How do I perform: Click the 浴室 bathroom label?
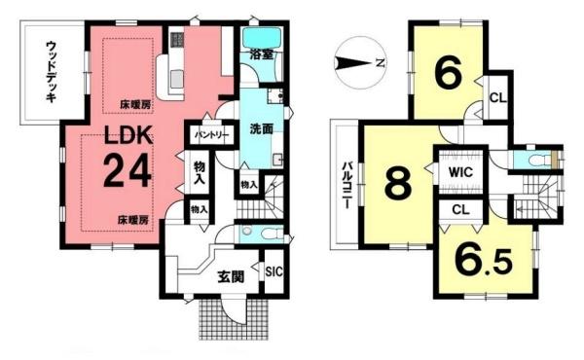260,54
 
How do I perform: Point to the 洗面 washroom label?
260,128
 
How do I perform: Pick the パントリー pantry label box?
211,133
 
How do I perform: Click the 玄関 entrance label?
230,274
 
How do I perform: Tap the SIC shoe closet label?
274,271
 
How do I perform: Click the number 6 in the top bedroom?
446,75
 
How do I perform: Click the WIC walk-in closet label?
460,172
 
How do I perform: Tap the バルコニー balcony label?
346,182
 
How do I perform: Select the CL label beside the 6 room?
496,96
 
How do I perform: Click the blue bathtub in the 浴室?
262,38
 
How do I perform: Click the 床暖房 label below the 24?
135,221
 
